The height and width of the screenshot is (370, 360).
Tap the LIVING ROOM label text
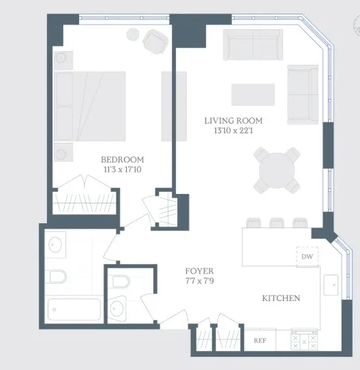(x=233, y=121)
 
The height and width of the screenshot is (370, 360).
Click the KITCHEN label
(x=282, y=298)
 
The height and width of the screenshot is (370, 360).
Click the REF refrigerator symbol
(x=260, y=340)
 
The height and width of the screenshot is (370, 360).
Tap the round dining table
(x=277, y=170)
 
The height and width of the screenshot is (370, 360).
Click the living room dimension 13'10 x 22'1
(x=233, y=131)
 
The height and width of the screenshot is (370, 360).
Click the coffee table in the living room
(x=252, y=94)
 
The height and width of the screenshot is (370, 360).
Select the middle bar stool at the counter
(x=276, y=223)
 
